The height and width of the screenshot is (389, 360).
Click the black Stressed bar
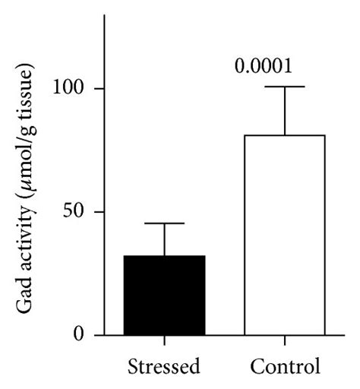[164, 295]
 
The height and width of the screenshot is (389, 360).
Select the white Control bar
[285, 235]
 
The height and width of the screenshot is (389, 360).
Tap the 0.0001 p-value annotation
[264, 66]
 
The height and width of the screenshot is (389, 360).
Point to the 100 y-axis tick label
[68, 88]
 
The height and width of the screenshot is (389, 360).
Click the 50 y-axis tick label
[74, 211]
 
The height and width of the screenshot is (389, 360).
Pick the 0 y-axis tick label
[79, 334]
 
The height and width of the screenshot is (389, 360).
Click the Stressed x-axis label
[164, 366]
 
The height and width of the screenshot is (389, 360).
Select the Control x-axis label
[286, 366]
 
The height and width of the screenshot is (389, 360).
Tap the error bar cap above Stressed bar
[164, 223]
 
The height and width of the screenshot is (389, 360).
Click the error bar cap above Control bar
[285, 87]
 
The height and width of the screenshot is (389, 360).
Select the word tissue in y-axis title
[24, 89]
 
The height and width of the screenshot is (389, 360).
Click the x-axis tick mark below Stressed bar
[164, 340]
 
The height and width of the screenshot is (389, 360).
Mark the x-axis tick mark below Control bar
[285, 340]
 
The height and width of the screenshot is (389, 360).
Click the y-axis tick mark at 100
[99, 88]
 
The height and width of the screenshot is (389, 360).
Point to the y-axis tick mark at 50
[99, 212]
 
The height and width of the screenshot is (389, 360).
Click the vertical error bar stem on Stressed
[164, 239]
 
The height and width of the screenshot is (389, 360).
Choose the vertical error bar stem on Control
[285, 111]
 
